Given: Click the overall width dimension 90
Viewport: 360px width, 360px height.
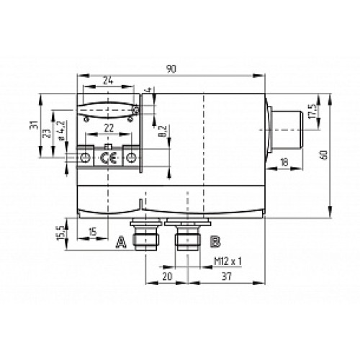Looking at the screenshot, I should pos(171,68).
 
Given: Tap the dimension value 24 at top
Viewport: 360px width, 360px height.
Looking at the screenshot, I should pos(108,80).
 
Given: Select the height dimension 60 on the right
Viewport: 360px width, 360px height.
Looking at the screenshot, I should pos(333,154).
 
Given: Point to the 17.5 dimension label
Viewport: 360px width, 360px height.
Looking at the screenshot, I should pos(312,114).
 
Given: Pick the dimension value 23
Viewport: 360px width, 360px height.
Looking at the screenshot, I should pos(48,133).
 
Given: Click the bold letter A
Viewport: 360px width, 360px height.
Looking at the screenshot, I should pos(120,241).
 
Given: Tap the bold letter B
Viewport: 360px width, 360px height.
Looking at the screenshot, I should pos(214,241).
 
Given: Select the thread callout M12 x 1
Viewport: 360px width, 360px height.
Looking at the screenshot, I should pos(227,261).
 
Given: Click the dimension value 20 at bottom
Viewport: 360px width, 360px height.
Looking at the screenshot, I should pos(168,275).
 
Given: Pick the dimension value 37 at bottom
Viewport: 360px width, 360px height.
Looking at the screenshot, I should pos(225,275).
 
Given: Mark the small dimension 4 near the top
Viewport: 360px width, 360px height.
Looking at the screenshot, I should pos(148,91).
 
